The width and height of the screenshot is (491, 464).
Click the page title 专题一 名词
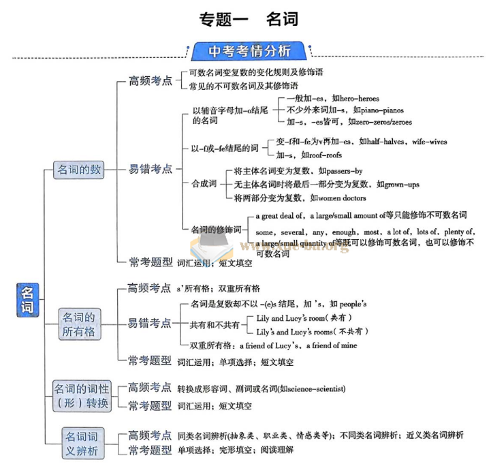click(x=248, y=18)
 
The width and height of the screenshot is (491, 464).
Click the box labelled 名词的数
click(x=79, y=169)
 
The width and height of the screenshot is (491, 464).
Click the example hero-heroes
click(x=355, y=99)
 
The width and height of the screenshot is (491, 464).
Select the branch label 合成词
click(x=204, y=184)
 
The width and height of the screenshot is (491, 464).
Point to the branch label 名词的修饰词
click(x=216, y=230)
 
